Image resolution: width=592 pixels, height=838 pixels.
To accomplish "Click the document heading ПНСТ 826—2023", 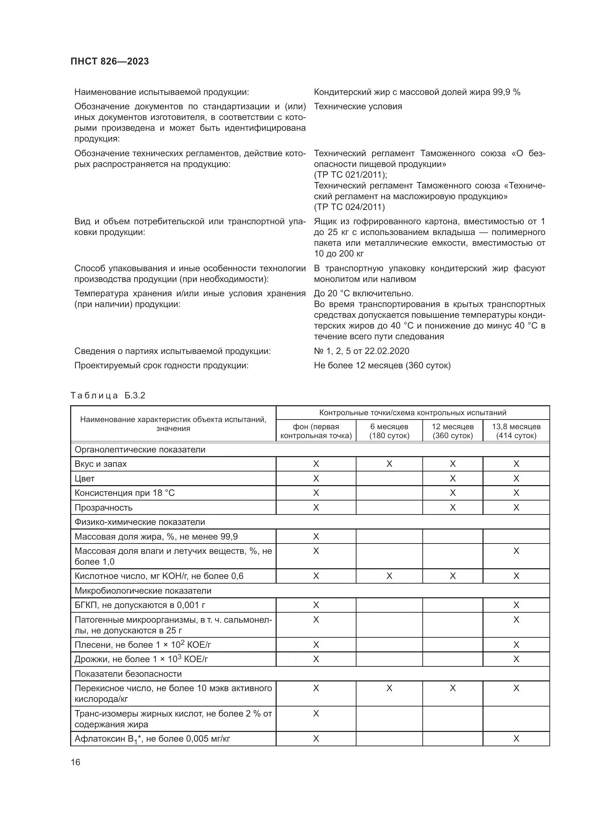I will [110, 61].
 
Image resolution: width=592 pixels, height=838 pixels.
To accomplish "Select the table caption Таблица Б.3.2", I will [108, 396].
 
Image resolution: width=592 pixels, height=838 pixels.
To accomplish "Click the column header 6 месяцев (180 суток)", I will [389, 431].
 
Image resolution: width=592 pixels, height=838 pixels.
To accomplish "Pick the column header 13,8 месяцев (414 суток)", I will [516, 431].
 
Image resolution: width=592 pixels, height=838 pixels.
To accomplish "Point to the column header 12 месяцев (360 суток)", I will [452, 431].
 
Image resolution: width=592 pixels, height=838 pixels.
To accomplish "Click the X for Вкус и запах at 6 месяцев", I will [389, 464].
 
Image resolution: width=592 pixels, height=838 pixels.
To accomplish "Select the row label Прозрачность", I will [103, 507].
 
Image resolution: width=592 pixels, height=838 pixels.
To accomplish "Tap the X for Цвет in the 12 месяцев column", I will [452, 479].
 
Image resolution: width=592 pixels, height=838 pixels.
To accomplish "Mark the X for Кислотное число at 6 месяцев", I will [389, 576].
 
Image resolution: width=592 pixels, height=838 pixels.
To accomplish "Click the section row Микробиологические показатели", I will [143, 590].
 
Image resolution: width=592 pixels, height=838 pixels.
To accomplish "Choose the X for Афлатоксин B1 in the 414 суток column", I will [516, 739].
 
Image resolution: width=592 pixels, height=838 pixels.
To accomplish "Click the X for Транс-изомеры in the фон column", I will [316, 714].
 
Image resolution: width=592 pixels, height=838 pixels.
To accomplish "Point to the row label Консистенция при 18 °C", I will [125, 493].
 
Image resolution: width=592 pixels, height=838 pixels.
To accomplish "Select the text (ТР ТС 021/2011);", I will [350, 175].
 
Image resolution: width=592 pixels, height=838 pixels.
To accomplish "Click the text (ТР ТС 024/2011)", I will [349, 207].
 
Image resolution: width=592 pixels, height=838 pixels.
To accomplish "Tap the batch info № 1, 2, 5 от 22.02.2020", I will [361, 351].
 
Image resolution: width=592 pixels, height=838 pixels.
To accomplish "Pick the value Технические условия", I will [358, 106].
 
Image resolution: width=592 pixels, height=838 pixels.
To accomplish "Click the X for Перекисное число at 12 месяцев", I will [452, 688].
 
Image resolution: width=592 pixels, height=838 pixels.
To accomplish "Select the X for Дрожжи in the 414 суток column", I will [516, 659].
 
